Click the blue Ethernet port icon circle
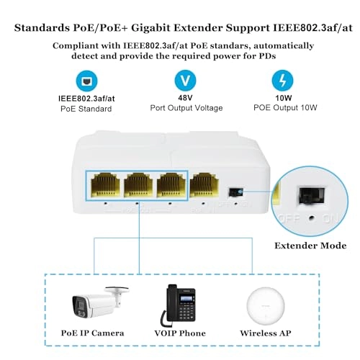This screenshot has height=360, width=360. [84, 79]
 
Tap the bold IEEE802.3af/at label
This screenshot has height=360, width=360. [84, 98]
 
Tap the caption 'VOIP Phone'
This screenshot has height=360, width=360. [180, 333]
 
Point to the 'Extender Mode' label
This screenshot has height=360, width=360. [311, 246]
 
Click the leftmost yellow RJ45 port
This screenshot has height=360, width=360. [104, 186]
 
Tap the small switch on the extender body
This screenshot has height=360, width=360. [233, 192]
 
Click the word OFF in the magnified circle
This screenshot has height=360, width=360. [293, 217]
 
